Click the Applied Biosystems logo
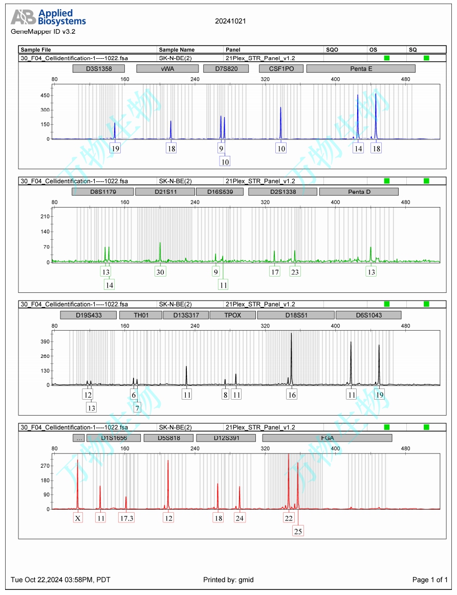click(48, 17)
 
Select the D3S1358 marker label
click(99, 68)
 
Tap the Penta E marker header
click(361, 68)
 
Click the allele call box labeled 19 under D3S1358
click(115, 149)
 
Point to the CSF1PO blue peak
click(280, 123)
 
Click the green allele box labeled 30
click(160, 272)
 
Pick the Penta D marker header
click(358, 192)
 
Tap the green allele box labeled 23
click(295, 272)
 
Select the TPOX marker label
click(232, 315)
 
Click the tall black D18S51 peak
click(291, 358)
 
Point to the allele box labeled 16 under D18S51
click(292, 395)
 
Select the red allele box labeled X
click(78, 518)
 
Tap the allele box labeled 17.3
click(126, 518)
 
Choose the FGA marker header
click(327, 438)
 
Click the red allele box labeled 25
click(298, 531)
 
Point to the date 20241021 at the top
click(230, 21)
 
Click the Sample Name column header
click(177, 50)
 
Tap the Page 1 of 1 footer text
click(430, 580)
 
